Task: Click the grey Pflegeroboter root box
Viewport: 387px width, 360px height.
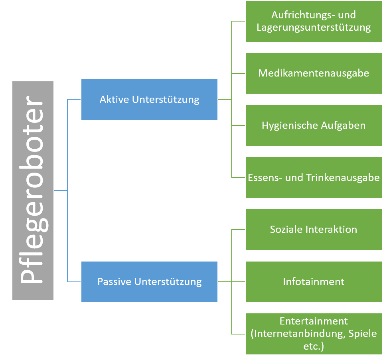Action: pyautogui.click(x=33, y=190)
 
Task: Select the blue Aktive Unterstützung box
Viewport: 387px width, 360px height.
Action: pyautogui.click(x=149, y=99)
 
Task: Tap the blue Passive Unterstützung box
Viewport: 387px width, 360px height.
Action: pyautogui.click(x=149, y=281)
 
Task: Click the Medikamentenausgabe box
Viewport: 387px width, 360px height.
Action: pyautogui.click(x=314, y=73)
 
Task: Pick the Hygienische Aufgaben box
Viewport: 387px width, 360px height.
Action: pyautogui.click(x=314, y=125)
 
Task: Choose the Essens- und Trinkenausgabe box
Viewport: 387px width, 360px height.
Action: pyautogui.click(x=314, y=177)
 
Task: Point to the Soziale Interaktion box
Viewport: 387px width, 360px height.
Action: pyautogui.click(x=314, y=229)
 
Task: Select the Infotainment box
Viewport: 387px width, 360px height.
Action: pyautogui.click(x=314, y=281)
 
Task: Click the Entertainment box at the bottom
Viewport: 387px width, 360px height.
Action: pyautogui.click(x=314, y=334)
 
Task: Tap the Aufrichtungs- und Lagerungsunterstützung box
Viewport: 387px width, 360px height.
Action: pyautogui.click(x=314, y=22)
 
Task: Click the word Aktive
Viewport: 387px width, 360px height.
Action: pyautogui.click(x=114, y=99)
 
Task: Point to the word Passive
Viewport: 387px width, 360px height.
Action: pyautogui.click(x=115, y=281)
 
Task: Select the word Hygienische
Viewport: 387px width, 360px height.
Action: pyautogui.click(x=290, y=126)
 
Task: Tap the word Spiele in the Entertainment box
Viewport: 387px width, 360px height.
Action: pyautogui.click(x=363, y=334)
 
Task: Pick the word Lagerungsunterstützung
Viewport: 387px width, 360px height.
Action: pyautogui.click(x=314, y=28)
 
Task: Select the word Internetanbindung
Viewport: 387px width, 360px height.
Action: pyautogui.click(x=298, y=334)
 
